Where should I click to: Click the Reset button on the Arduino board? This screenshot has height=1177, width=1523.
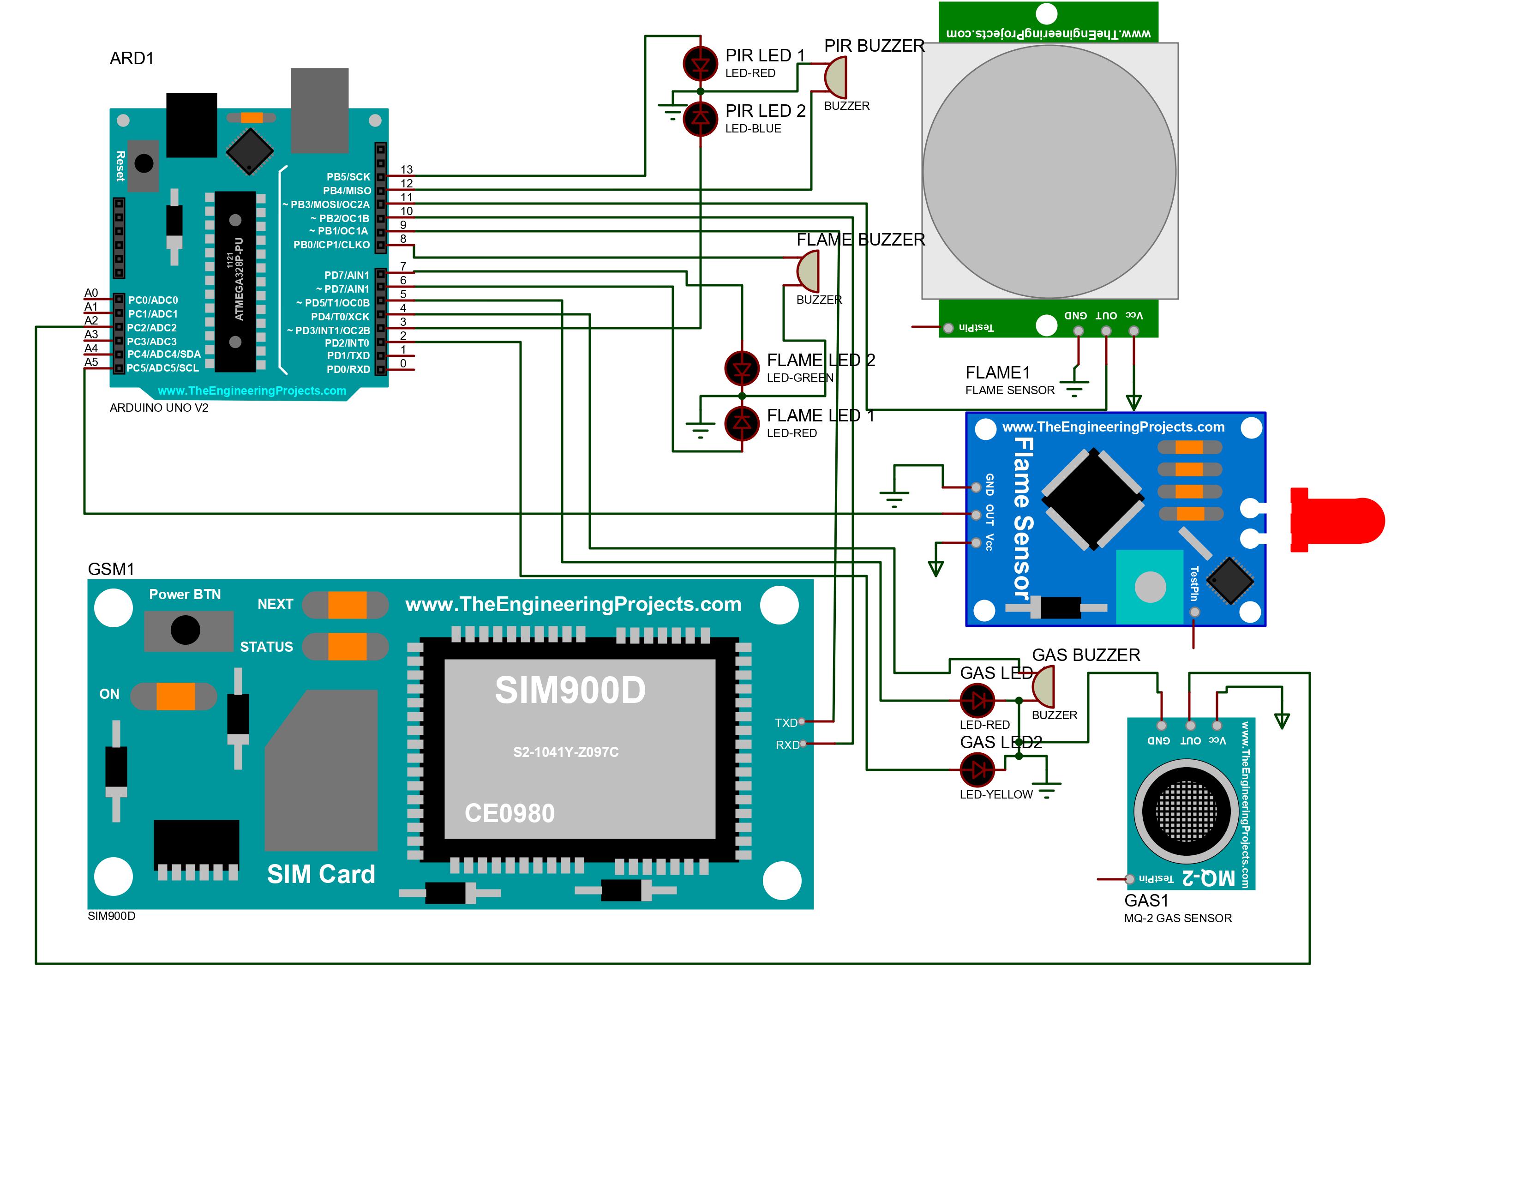pos(144,164)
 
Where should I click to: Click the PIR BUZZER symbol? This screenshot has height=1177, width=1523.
pos(836,77)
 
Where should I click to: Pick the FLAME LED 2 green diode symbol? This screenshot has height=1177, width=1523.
pos(742,368)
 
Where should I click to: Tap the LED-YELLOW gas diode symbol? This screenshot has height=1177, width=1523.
pos(977,770)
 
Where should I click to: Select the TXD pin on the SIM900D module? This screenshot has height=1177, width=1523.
pos(802,722)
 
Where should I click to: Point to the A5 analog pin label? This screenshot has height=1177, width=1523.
pos(91,362)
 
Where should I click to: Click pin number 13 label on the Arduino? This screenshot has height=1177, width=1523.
pos(407,169)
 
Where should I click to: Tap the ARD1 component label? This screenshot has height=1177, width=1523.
pos(132,59)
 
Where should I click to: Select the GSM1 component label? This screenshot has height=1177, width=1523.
pos(111,569)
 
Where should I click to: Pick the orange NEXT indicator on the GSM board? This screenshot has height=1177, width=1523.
pos(347,605)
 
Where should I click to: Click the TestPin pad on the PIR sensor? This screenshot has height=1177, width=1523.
pos(948,328)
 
